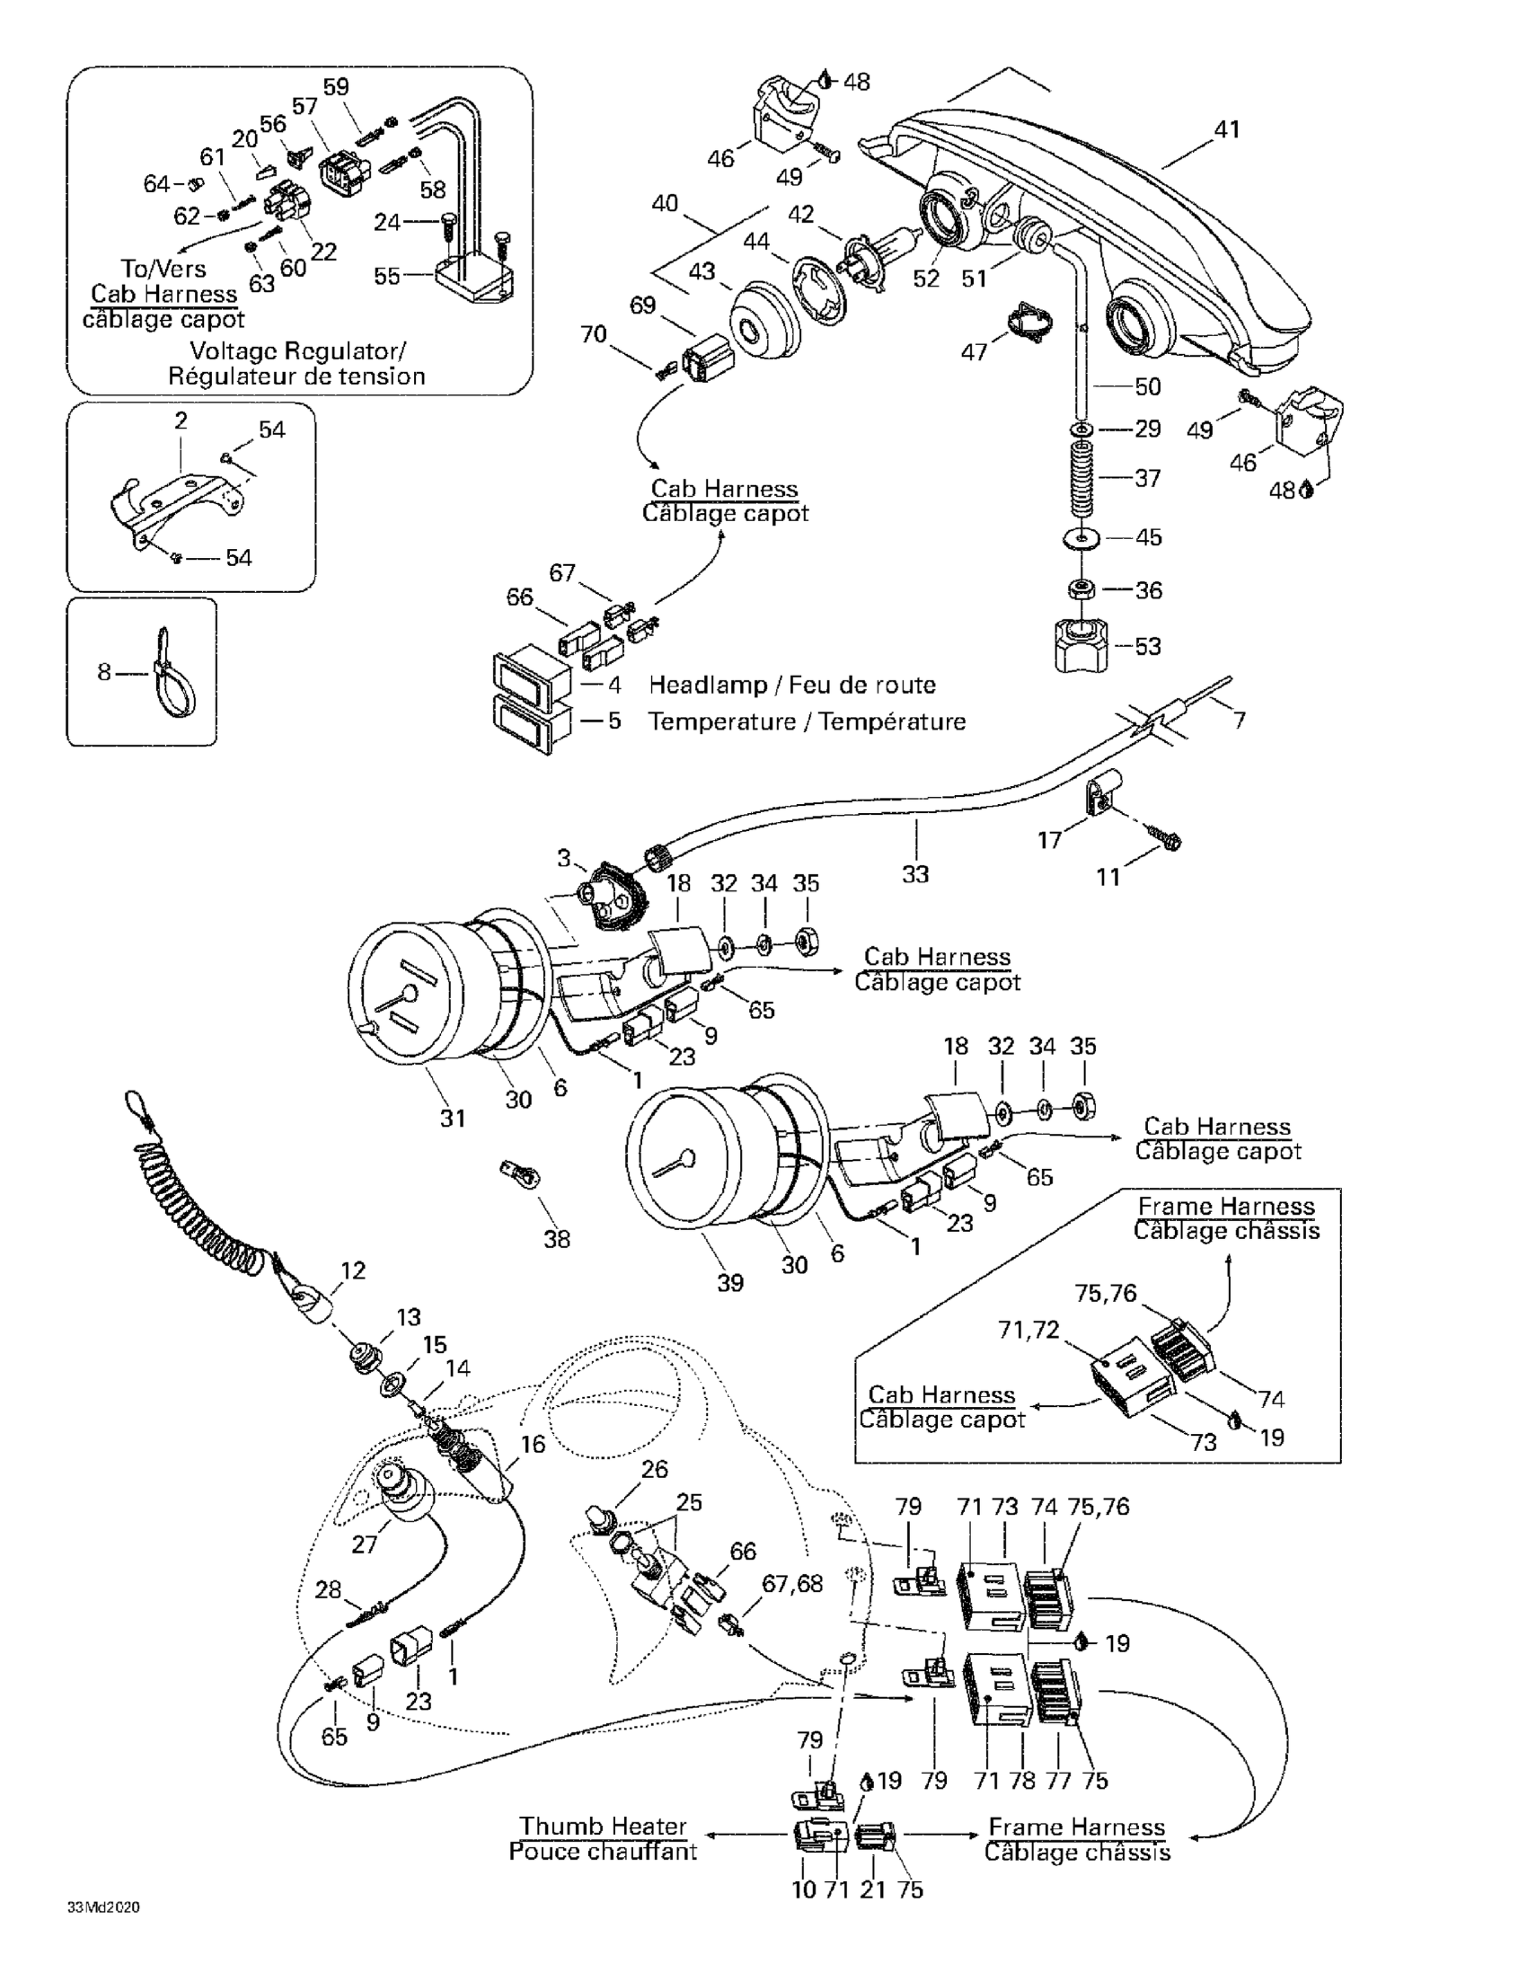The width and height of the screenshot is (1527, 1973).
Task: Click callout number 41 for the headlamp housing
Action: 1226,130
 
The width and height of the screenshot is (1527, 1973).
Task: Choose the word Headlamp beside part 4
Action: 707,685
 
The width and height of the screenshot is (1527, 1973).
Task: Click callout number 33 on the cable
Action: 914,873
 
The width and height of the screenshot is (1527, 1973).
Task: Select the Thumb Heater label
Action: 603,1827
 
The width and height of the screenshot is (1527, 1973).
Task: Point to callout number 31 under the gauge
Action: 453,1119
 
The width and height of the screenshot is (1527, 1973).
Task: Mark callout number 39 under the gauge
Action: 729,1282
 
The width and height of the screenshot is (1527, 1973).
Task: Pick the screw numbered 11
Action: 1164,841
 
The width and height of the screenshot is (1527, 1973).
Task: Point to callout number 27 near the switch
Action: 364,1544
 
